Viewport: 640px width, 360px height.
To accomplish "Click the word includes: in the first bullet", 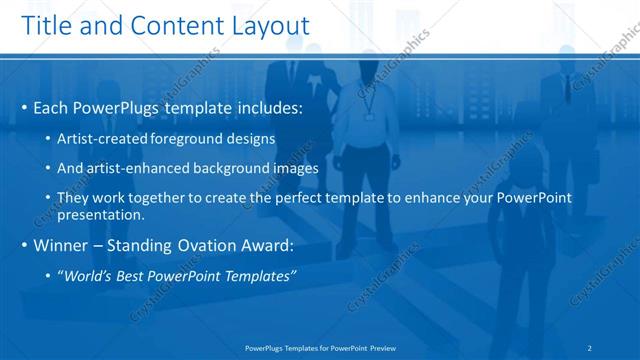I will (x=267, y=107).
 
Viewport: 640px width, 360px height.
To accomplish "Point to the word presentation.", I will (x=103, y=214).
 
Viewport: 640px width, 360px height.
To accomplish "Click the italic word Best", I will (x=134, y=276).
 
